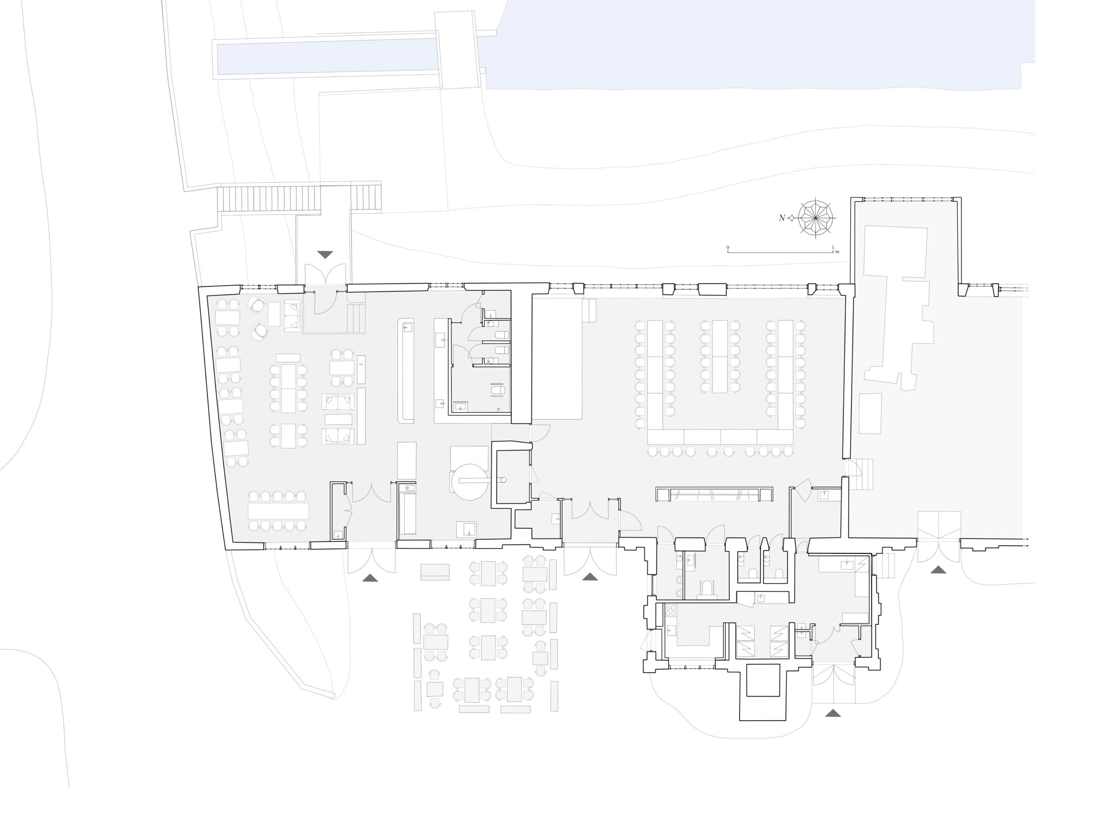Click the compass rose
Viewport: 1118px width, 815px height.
[815, 218]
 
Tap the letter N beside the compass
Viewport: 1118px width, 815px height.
[782, 218]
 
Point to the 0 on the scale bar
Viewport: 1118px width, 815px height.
[728, 247]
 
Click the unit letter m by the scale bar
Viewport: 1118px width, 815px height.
[837, 252]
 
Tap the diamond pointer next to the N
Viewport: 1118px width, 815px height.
[792, 218]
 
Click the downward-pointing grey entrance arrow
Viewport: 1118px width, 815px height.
[325, 255]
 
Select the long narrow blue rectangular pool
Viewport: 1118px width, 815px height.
[328, 57]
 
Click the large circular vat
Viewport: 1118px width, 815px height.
[469, 481]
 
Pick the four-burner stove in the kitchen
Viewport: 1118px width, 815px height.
[670, 611]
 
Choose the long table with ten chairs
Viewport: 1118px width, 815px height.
[278, 510]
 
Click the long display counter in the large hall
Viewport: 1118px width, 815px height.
[714, 494]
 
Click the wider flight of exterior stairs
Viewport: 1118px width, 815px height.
[269, 198]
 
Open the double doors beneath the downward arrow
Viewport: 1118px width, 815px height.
[325, 274]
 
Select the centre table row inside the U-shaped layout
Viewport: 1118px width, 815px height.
[720, 356]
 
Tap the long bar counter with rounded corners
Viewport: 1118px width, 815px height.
[406, 371]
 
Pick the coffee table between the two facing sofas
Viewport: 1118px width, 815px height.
[338, 420]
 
